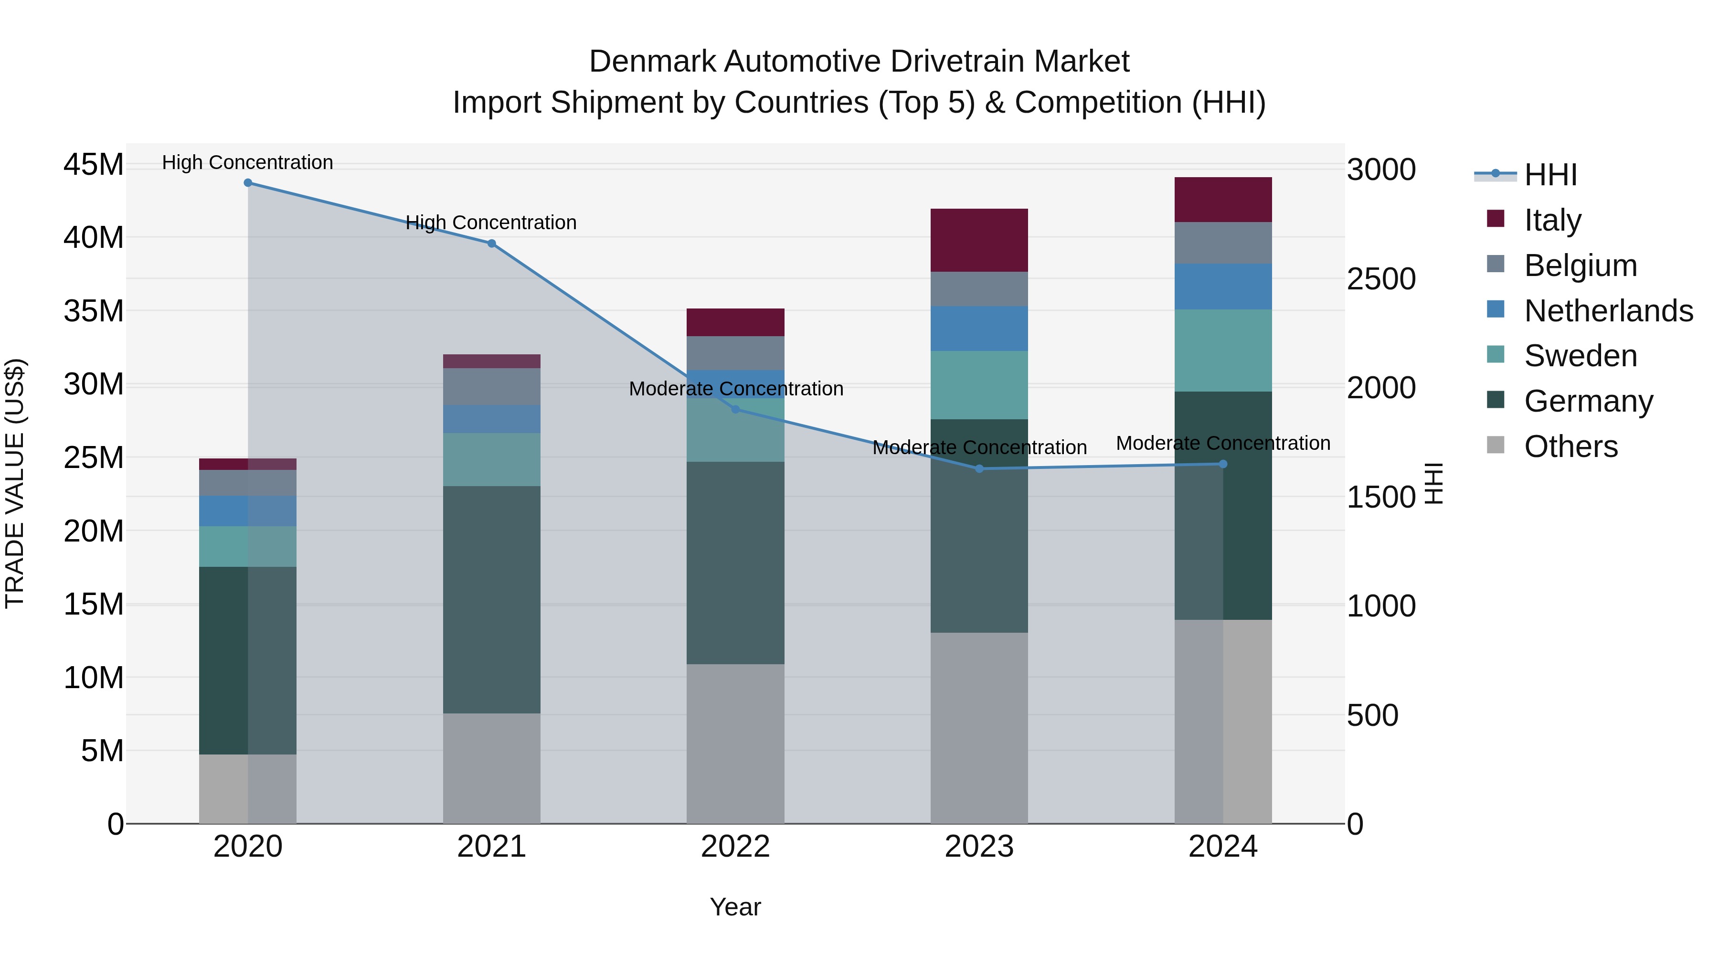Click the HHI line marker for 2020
coord(247,183)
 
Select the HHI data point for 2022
coord(735,409)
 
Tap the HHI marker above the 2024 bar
coord(1223,464)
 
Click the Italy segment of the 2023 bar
coord(979,240)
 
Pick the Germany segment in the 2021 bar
coord(491,599)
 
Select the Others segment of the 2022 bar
coord(735,744)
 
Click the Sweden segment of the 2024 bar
coord(1223,351)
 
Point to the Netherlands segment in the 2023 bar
coord(979,329)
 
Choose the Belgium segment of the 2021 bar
coord(491,386)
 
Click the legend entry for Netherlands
coord(1608,311)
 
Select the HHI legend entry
coord(1550,175)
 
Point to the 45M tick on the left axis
coord(94,164)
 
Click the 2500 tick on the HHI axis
coord(1380,279)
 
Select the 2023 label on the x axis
coord(979,847)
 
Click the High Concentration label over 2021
coord(491,222)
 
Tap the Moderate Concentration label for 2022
coord(735,388)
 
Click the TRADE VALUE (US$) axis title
coord(15,483)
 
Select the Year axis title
coord(735,907)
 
